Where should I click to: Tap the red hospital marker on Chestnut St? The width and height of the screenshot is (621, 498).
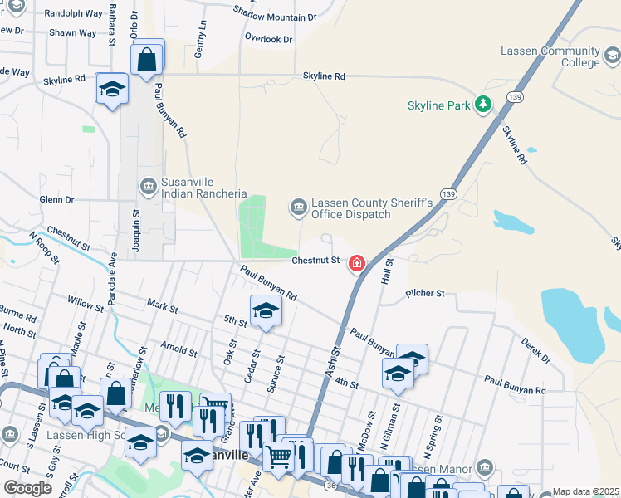pyautogui.click(x=357, y=263)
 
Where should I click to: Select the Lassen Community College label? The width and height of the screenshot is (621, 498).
pyautogui.click(x=550, y=56)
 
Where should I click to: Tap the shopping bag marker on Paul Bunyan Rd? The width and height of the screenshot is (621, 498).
pyautogui.click(x=147, y=60)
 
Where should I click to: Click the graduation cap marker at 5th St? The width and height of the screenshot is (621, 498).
pyautogui.click(x=265, y=311)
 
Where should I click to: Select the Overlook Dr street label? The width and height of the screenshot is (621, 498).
pyautogui.click(x=268, y=38)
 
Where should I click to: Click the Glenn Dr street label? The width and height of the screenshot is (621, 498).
pyautogui.click(x=56, y=199)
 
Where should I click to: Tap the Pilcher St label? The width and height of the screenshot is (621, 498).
pyautogui.click(x=426, y=293)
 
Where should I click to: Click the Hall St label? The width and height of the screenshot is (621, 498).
pyautogui.click(x=386, y=272)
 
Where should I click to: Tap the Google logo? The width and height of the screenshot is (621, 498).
pyautogui.click(x=28, y=487)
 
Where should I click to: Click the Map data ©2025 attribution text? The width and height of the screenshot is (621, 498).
pyautogui.click(x=585, y=491)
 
